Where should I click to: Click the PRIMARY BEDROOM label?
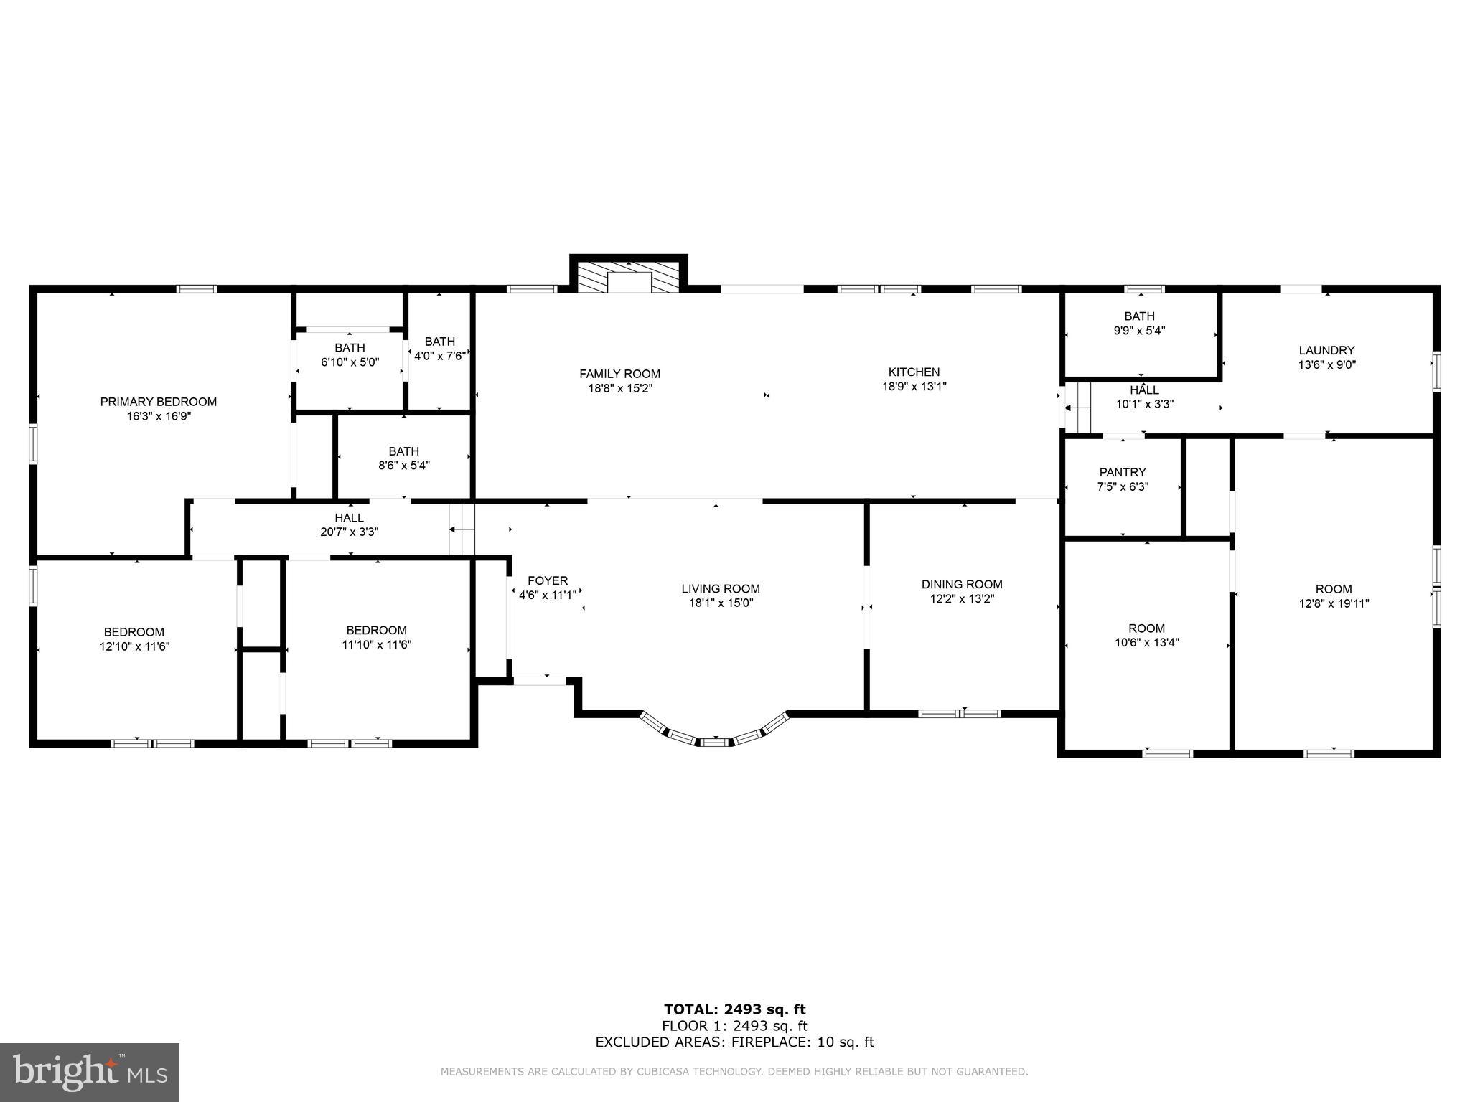pos(158,402)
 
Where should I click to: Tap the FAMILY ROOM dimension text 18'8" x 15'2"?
pos(619,388)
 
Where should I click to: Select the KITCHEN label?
pos(914,372)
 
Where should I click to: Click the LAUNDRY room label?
pos(1326,350)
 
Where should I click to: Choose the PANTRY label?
pos(1122,472)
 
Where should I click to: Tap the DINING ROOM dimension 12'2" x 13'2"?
pos(961,599)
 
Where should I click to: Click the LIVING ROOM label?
pos(720,589)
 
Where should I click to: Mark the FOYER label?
pos(547,580)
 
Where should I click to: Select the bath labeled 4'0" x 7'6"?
pos(439,348)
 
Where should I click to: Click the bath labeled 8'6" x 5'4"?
pos(403,458)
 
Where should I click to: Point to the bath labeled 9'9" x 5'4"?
pos(1139,323)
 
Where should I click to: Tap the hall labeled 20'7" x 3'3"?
pos(349,524)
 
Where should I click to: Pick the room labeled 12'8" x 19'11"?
pos(1333,595)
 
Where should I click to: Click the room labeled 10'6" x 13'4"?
pos(1146,635)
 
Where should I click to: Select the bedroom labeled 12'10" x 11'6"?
pos(134,639)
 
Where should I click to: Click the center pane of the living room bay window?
pos(713,742)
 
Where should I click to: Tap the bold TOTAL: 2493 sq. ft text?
pos(734,1010)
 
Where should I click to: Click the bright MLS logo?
pos(90,1072)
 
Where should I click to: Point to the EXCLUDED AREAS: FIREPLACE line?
pos(734,1042)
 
